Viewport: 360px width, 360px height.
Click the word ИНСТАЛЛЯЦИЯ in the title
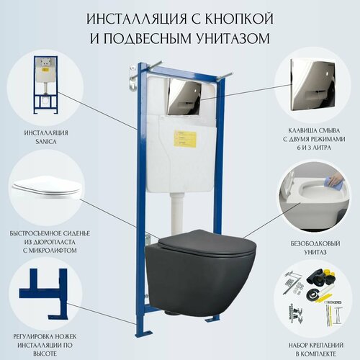point(130,17)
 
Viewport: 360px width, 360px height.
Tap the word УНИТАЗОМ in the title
point(233,36)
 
